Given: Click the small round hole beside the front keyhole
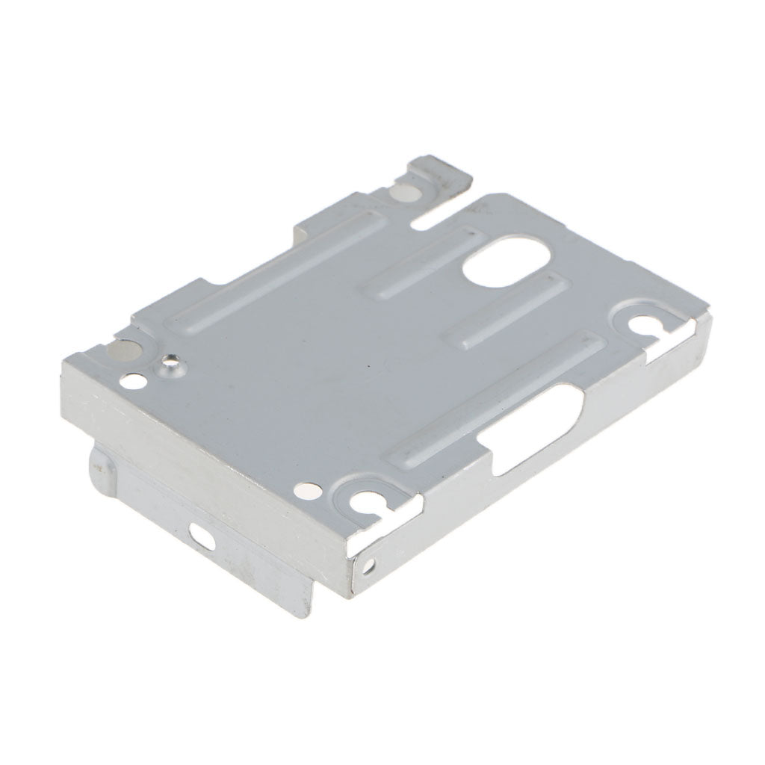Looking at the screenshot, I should tap(307, 490).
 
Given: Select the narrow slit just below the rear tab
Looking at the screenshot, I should tap(441, 214).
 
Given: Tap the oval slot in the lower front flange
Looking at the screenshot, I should tap(200, 532).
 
